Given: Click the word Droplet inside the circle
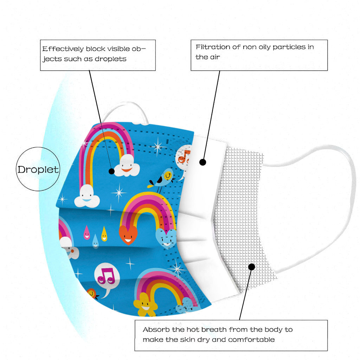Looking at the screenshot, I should tap(38, 169).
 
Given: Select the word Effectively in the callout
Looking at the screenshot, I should tap(63, 49).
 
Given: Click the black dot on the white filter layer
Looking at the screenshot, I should tap(202, 162).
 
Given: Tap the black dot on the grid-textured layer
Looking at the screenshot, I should tap(251, 267).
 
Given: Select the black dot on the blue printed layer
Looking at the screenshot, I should tap(112, 171).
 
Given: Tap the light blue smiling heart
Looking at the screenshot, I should tap(166, 238).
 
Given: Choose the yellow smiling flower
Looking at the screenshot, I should tap(145, 304).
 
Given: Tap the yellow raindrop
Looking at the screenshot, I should tap(104, 233).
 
